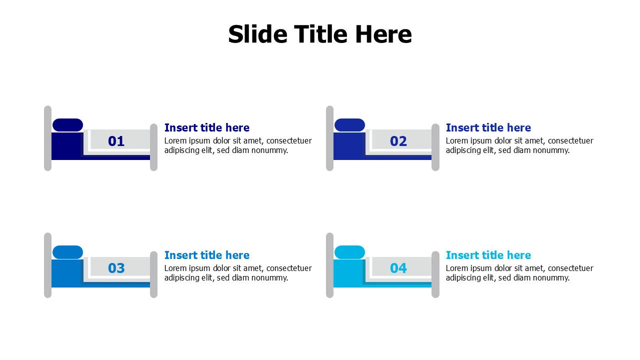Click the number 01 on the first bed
click(116, 141)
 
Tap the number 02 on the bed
click(398, 141)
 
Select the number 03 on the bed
click(116, 268)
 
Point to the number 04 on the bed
click(398, 268)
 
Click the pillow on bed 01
click(67, 125)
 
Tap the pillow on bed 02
click(349, 125)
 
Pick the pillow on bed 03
click(67, 252)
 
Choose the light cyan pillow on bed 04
click(349, 252)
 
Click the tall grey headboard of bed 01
click(47, 138)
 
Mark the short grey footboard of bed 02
click(435, 147)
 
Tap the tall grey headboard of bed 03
click(47, 265)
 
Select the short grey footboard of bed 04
click(435, 274)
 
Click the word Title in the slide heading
click(320, 34)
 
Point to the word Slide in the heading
click(257, 34)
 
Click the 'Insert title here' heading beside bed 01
click(207, 127)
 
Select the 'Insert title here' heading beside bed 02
click(488, 127)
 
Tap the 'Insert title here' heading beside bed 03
click(207, 255)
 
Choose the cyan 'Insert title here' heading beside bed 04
click(488, 255)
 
